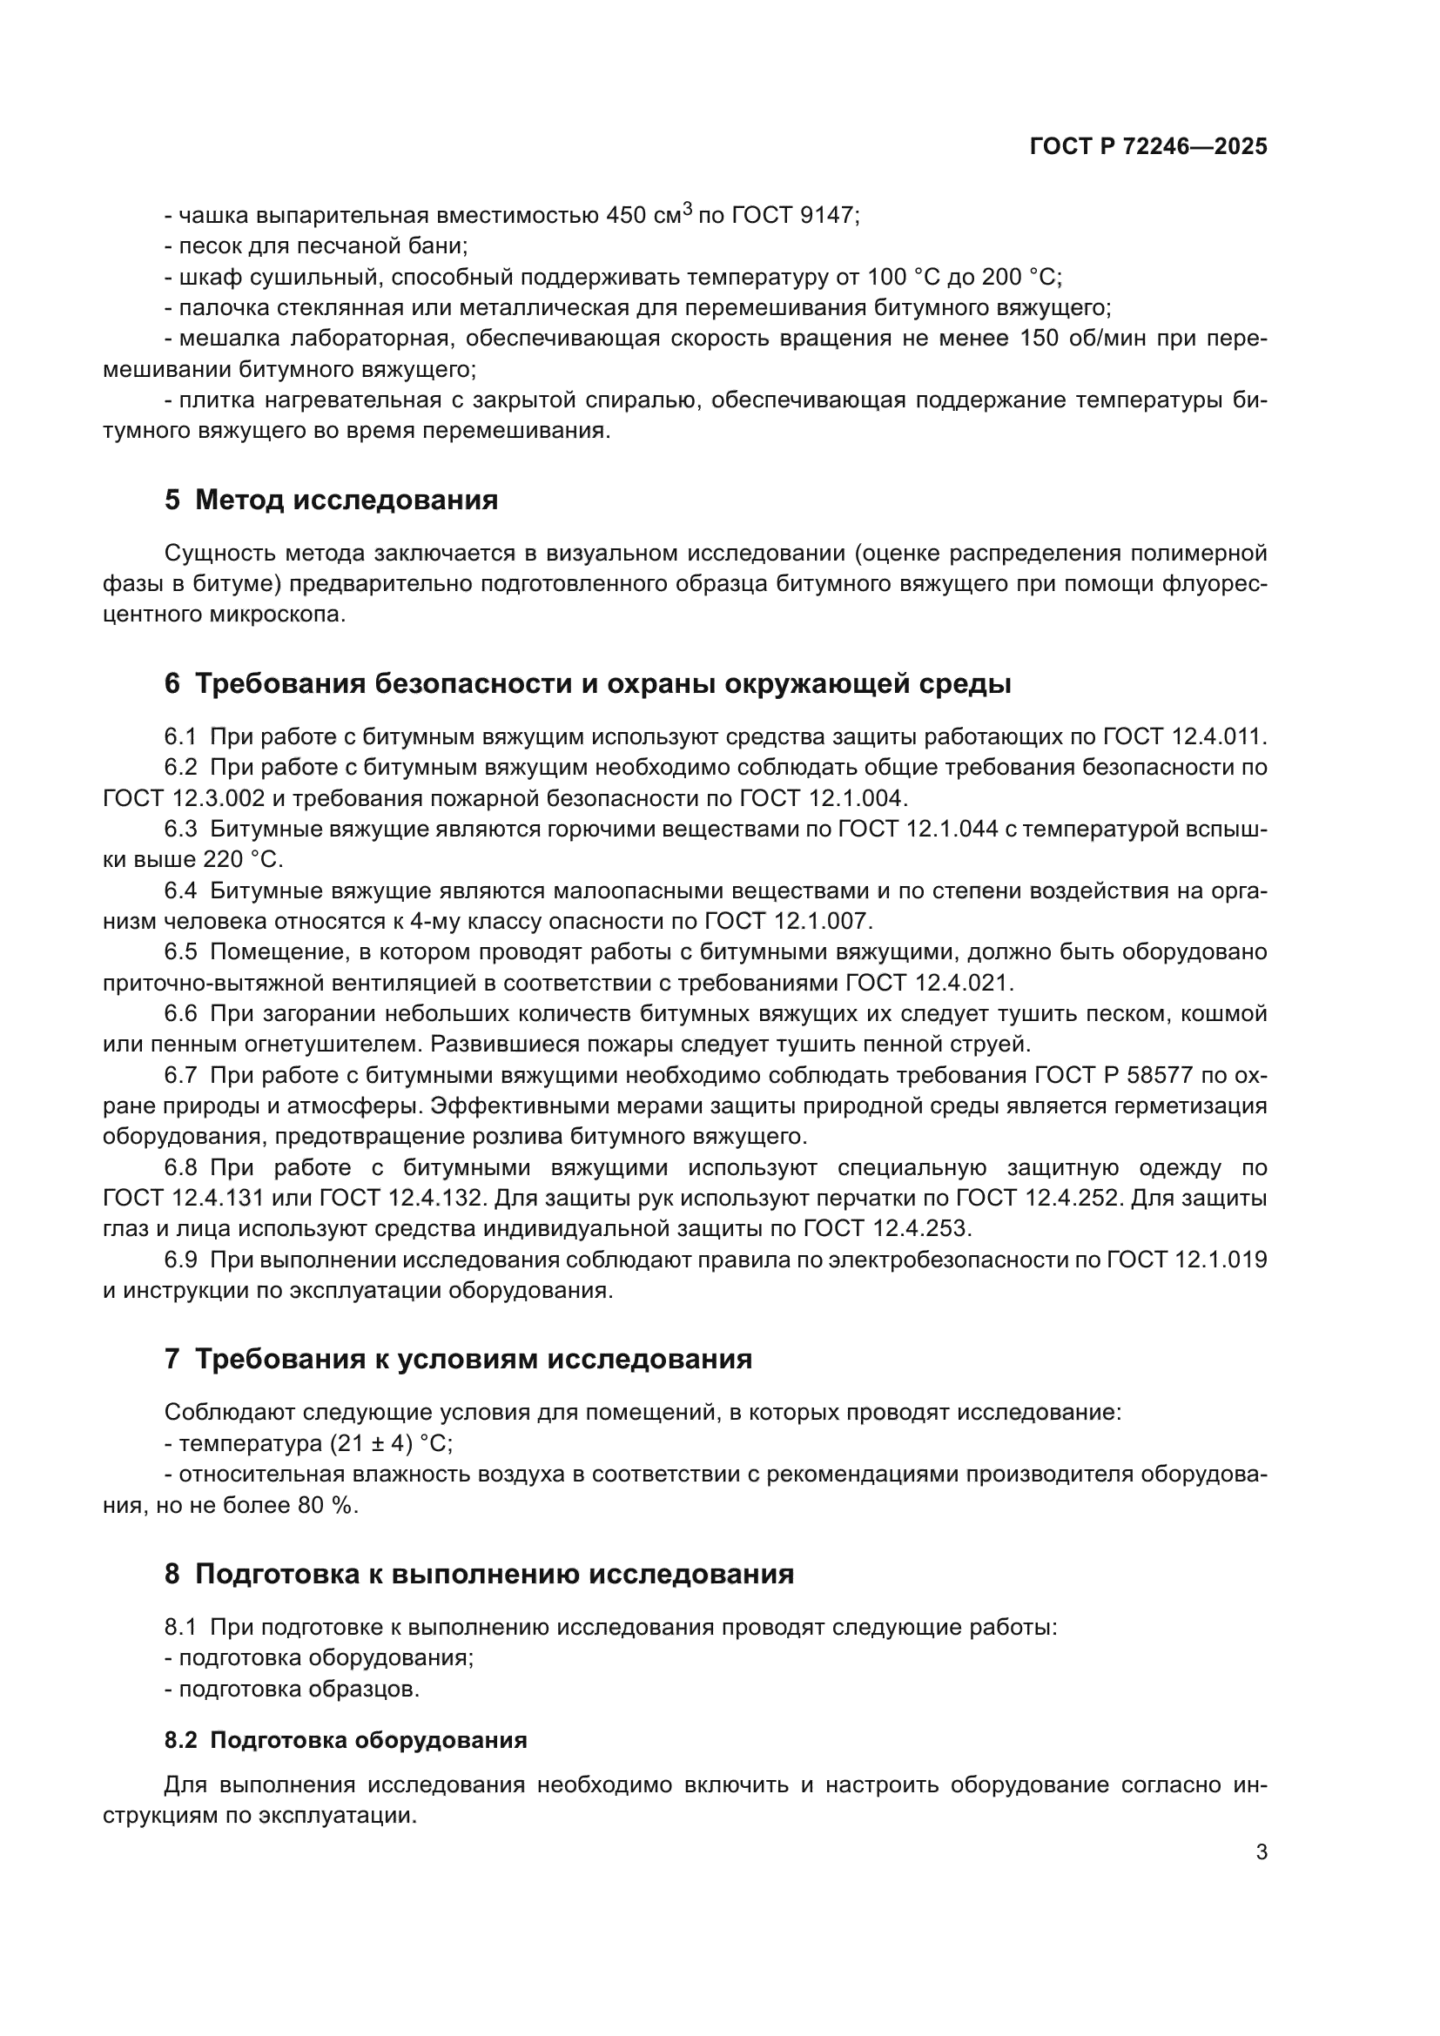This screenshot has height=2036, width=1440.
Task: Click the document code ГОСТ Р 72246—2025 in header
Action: point(1148,147)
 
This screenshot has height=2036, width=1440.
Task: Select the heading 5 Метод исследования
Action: point(331,501)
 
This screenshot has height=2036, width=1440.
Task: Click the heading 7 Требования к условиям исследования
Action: point(458,1360)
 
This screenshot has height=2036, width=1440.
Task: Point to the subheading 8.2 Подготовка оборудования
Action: point(345,1740)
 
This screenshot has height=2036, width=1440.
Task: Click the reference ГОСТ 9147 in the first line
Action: point(794,216)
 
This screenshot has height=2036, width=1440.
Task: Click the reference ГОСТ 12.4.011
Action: point(1184,737)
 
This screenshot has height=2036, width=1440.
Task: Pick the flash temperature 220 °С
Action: point(242,860)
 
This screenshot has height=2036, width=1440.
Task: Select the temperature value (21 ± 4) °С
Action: point(390,1443)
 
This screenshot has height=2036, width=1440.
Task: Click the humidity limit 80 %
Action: point(326,1506)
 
